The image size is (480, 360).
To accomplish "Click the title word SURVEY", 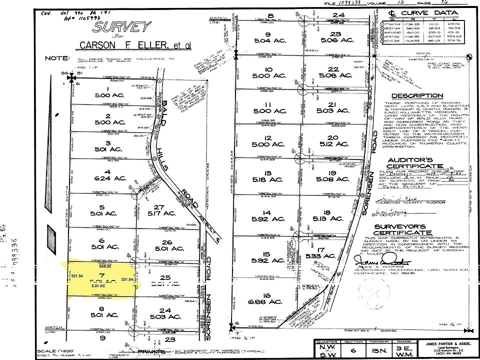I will click(121, 27).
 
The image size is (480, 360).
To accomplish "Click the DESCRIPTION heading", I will click(417, 95).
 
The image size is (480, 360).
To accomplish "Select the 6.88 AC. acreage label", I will click(269, 301).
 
